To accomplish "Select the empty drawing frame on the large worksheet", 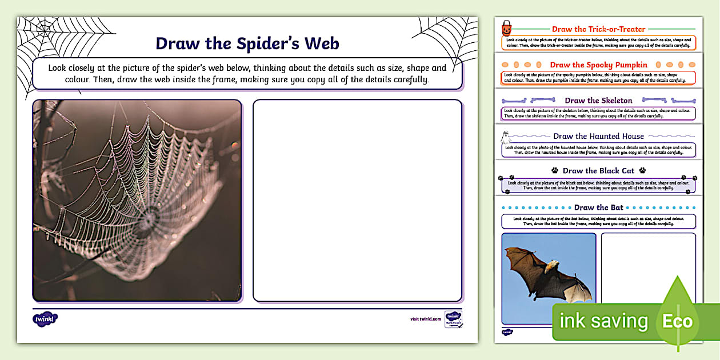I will (x=357, y=201).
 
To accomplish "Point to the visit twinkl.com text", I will (x=426, y=319).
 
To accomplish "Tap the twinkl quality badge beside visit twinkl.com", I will (x=453, y=319).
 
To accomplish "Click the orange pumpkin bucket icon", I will (x=506, y=29).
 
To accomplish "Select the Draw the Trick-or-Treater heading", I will (x=598, y=29).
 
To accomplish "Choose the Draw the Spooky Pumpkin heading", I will (x=598, y=65).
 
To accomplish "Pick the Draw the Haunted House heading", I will (x=598, y=136).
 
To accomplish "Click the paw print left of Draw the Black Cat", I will (x=554, y=170).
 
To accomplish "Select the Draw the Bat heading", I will (x=598, y=207).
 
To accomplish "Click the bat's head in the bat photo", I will (x=551, y=265).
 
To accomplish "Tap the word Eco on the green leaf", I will (x=677, y=321).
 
